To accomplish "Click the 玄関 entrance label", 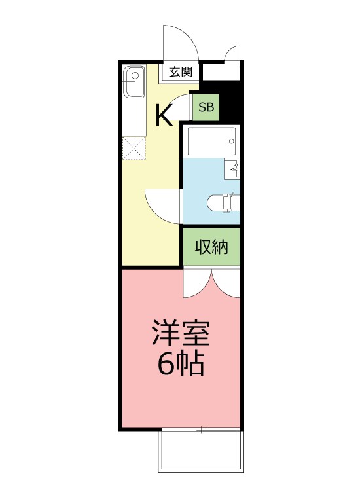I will coord(179,72).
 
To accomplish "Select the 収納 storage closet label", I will coord(211,247).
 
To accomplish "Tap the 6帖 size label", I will coord(181,363).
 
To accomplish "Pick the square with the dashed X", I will coord(134,148).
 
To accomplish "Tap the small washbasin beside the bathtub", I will coord(232,169).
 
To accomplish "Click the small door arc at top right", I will coord(232,54).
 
